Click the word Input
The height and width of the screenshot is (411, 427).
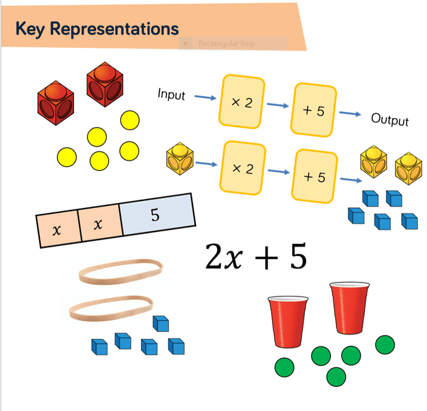pyautogui.click(x=171, y=95)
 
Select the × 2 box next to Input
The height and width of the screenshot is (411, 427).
pyautogui.click(x=242, y=101)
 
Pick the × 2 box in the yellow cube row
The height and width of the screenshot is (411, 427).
pyautogui.click(x=242, y=168)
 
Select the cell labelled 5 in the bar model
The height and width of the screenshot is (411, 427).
pyautogui.click(x=155, y=216)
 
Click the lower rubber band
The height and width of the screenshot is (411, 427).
pyautogui.click(x=111, y=308)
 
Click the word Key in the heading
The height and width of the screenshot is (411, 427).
pyautogui.click(x=30, y=28)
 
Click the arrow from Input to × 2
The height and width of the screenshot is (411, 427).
pyautogui.click(x=203, y=98)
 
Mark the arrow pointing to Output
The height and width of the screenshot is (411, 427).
pyautogui.click(x=350, y=114)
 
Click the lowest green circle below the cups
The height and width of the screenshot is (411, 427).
pyautogui.click(x=337, y=376)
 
